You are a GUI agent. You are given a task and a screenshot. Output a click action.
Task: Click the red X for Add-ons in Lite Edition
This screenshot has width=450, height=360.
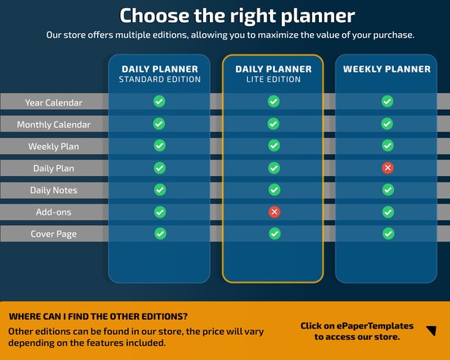[x=275, y=212]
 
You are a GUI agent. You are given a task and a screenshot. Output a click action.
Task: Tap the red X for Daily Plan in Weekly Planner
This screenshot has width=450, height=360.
[x=388, y=168]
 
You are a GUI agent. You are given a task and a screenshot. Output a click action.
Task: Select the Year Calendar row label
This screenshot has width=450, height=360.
[x=54, y=103]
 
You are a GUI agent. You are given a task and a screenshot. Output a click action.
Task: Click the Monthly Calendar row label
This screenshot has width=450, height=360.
[x=54, y=125]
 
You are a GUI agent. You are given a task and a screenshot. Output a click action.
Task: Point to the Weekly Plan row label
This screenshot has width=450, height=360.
[x=54, y=146]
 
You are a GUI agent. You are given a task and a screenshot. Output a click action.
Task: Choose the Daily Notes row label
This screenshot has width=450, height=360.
[x=54, y=190]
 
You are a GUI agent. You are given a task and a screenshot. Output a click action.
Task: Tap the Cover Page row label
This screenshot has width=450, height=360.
[x=54, y=234]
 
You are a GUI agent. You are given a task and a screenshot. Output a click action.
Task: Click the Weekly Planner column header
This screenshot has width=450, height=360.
[x=387, y=69]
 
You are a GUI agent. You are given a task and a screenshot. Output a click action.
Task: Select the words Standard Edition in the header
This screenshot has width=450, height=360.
[x=159, y=79]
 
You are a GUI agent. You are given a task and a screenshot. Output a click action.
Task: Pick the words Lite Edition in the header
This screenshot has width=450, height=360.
[x=273, y=79]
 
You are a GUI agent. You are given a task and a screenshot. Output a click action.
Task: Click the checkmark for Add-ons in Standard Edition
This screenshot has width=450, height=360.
[x=159, y=212]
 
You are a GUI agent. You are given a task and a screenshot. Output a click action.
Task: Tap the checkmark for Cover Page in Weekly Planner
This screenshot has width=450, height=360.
[x=388, y=234]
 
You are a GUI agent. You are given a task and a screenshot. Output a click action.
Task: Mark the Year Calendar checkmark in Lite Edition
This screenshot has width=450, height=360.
[x=273, y=101]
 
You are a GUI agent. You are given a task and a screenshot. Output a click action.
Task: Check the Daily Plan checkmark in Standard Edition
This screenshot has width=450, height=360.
[x=159, y=168]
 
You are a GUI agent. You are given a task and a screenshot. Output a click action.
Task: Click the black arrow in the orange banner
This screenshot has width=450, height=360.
[x=432, y=331]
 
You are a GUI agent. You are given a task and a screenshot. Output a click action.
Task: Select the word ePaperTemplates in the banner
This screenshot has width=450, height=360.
[x=375, y=326]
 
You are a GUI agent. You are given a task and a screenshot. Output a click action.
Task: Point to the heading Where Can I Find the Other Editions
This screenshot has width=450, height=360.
[x=98, y=317]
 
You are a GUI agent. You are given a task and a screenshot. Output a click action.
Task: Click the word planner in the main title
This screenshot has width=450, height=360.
[x=317, y=16]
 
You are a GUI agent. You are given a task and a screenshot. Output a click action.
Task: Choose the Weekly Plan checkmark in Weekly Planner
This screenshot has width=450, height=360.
[x=388, y=145]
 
